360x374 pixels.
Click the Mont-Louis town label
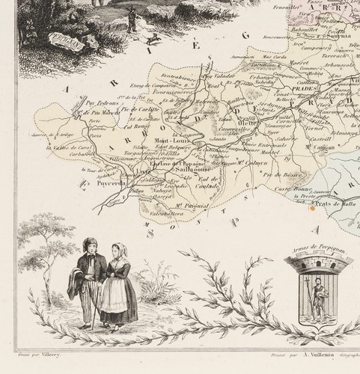tap(171, 139)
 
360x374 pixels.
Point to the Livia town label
tap(144, 172)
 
